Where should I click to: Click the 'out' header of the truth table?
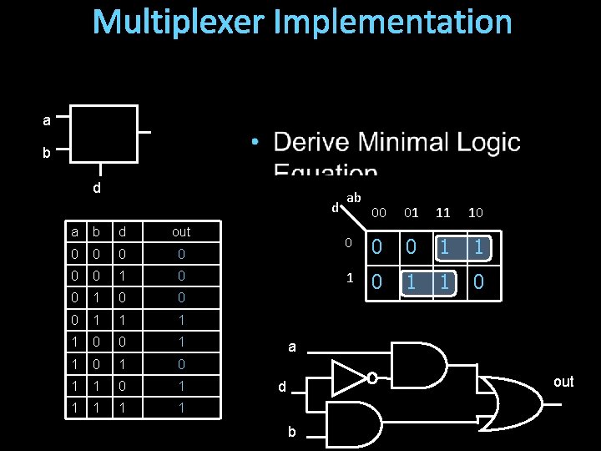point(181,231)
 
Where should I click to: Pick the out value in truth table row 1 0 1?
point(181,364)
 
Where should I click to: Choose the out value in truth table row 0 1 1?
point(181,320)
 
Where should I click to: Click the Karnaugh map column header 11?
point(444,213)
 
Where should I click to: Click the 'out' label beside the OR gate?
point(564,382)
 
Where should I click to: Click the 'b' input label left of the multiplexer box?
point(47,154)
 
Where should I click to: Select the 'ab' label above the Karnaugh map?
point(354,198)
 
